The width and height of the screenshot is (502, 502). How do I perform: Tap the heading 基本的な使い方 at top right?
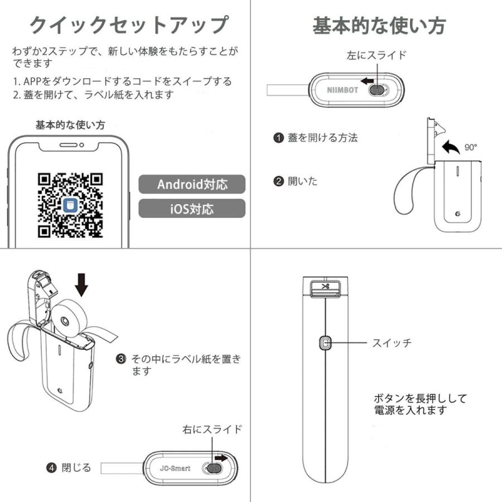pos(379,25)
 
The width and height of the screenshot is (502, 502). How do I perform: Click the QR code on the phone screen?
pos(70,205)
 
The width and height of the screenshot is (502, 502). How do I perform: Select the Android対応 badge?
pos(192,184)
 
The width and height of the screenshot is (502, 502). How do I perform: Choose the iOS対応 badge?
pos(192,209)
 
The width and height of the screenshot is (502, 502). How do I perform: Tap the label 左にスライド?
pos(376,55)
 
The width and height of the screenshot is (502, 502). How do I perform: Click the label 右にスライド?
pos(213,429)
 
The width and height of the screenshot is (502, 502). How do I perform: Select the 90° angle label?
pos(471,148)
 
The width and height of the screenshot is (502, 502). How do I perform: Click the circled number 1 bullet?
pos(278,138)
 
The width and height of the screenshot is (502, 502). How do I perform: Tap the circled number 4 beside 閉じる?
pos(51,467)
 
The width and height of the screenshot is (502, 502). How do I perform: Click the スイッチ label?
pos(392,343)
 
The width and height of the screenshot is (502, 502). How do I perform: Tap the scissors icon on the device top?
pos(326,287)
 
